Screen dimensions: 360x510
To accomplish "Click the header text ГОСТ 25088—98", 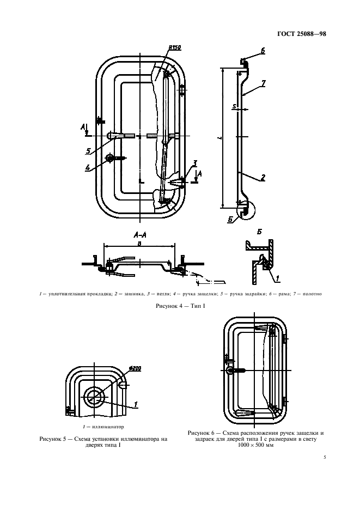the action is click(302, 33).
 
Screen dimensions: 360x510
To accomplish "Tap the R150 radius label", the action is click(175, 48).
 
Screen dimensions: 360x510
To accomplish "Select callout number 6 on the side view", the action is click(263, 51).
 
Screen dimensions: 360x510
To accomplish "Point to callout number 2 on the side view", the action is click(263, 177).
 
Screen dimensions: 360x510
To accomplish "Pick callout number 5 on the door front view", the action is click(88, 151).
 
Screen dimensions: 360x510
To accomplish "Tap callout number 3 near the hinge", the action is click(194, 162).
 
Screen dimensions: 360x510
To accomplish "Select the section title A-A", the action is click(140, 235).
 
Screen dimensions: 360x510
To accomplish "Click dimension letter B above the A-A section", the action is click(139, 244).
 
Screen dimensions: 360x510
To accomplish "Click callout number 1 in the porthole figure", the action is click(136, 404).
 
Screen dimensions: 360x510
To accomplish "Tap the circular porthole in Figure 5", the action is click(94, 397).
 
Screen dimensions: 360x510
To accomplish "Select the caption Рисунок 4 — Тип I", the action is click(180, 306).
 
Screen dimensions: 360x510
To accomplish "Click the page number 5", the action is click(325, 457).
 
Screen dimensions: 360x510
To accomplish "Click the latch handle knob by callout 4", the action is click(110, 158).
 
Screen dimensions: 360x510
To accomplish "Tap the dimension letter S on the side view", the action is click(234, 106).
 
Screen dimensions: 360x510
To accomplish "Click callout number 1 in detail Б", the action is click(277, 278).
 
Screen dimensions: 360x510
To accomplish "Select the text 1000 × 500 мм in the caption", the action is click(255, 445).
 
